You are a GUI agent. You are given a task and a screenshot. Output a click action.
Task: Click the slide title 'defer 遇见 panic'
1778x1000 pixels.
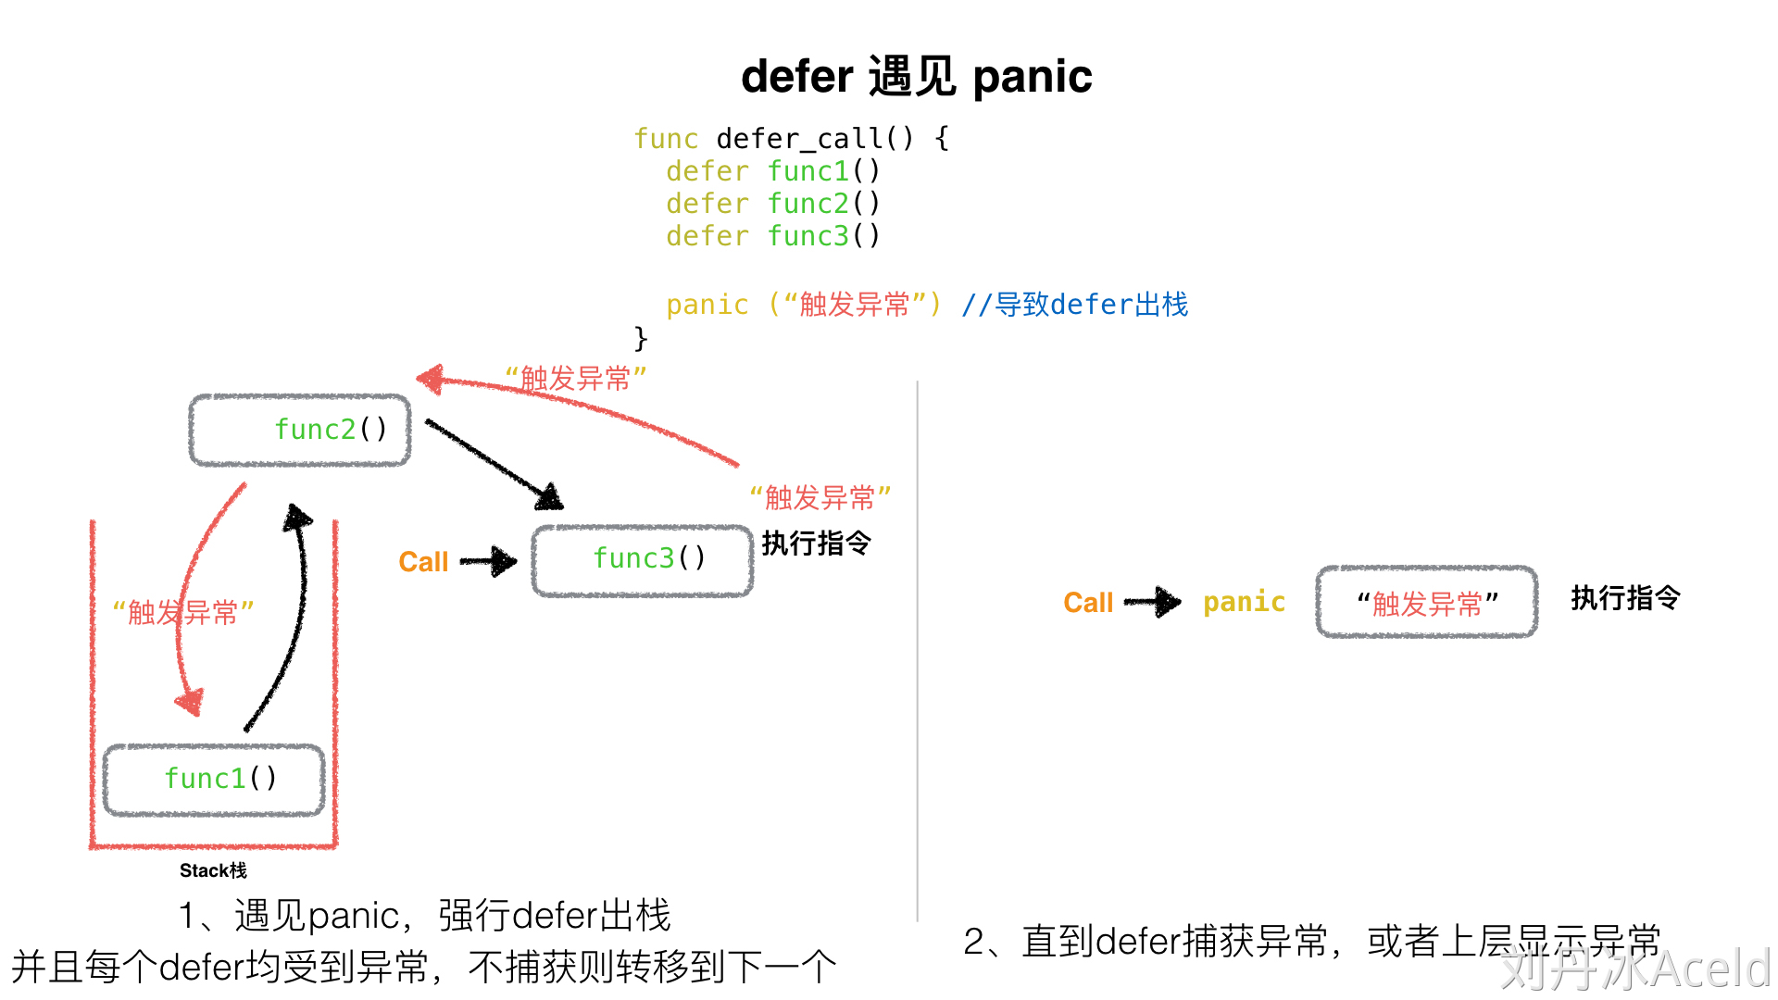[916, 76]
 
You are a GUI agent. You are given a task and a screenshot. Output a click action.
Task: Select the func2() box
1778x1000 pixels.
[300, 430]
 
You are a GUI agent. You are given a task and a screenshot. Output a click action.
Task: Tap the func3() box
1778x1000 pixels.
[643, 559]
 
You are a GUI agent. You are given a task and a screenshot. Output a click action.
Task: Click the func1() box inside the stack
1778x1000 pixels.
[215, 779]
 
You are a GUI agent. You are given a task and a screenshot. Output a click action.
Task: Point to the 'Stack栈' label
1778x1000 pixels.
[213, 870]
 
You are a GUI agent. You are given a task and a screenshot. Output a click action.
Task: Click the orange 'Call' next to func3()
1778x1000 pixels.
[423, 562]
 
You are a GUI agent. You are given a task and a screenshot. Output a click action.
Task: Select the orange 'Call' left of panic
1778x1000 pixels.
[1088, 603]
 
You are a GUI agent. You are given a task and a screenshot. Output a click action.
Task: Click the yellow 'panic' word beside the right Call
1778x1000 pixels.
[1244, 602]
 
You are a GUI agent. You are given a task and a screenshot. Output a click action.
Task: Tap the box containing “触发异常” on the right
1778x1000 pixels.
[1427, 603]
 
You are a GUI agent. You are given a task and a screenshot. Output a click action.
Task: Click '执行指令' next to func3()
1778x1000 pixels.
[816, 543]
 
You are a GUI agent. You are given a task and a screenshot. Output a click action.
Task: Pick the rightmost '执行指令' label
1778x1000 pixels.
[1625, 598]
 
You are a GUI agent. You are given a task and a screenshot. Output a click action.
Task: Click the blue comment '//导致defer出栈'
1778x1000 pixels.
[1074, 305]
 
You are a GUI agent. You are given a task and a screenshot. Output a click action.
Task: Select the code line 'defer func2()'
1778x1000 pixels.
[772, 204]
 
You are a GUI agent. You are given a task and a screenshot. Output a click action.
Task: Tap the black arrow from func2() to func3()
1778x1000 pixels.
[491, 463]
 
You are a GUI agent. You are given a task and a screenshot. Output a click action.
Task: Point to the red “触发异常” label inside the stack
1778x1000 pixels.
[182, 612]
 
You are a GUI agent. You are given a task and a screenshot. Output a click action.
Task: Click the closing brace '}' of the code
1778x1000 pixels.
[641, 337]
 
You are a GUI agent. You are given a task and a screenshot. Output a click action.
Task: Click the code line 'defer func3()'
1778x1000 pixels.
[772, 236]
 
